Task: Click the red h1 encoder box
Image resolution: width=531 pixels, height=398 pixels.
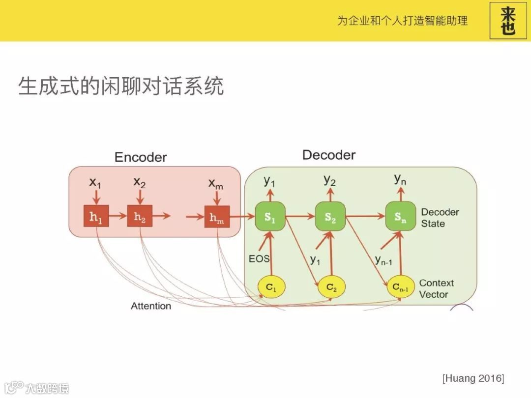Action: point(95,217)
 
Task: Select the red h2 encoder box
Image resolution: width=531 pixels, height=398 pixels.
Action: point(140,217)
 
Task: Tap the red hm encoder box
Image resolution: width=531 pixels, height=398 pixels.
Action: point(217,217)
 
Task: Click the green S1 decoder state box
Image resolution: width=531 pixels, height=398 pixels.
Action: point(270,217)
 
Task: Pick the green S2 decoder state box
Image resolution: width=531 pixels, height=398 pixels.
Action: point(330,217)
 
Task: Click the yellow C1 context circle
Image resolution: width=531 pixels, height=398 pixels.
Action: point(272,287)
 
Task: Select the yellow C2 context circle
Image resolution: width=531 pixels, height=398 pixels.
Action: point(331,287)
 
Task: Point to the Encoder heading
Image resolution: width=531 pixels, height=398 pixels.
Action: point(141,157)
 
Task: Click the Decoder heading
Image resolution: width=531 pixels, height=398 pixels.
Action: point(328,155)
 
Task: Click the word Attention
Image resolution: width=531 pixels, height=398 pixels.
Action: point(151,306)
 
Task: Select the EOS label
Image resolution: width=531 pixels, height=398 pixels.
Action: point(259,258)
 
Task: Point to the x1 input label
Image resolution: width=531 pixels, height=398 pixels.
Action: point(95,182)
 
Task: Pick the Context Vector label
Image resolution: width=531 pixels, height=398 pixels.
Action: point(437,289)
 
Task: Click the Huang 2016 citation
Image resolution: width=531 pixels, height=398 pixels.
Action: point(473,378)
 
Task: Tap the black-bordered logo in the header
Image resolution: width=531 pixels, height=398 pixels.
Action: point(508,21)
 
